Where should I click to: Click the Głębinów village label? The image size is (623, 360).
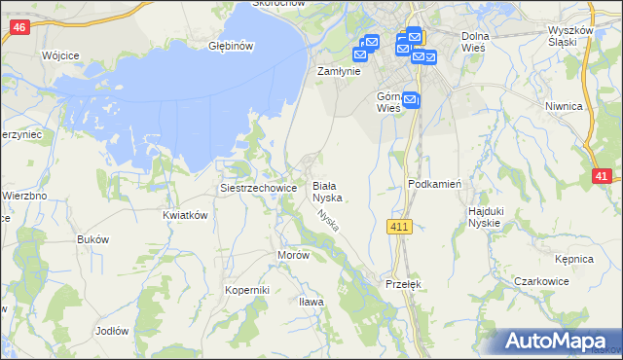pyautogui.click(x=231, y=46)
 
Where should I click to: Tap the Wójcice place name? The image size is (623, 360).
pyautogui.click(x=60, y=56)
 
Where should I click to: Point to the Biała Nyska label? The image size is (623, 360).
pyautogui.click(x=324, y=190)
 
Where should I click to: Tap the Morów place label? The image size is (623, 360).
pyautogui.click(x=293, y=255)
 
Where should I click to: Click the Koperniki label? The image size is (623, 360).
pyautogui.click(x=246, y=290)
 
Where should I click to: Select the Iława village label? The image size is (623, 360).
pyautogui.click(x=311, y=302)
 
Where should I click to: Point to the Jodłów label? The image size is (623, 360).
pyautogui.click(x=112, y=331)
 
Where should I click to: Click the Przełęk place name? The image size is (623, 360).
pyautogui.click(x=402, y=283)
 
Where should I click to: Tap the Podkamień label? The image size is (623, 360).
pyautogui.click(x=433, y=184)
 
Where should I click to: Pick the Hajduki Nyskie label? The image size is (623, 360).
pyautogui.click(x=484, y=216)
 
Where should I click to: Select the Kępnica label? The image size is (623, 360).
pyautogui.click(x=574, y=260)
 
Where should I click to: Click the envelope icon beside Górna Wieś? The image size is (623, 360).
pyautogui.click(x=410, y=99)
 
